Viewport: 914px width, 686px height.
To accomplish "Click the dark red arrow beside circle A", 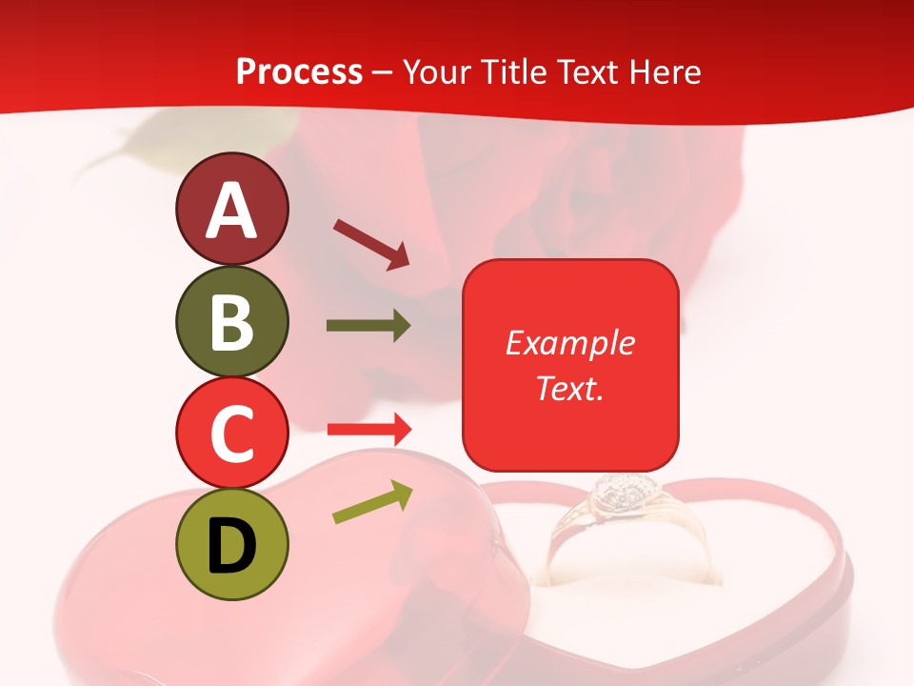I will [371, 243].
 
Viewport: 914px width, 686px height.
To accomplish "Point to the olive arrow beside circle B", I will [368, 326].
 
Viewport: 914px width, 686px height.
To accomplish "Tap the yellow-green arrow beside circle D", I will [372, 502].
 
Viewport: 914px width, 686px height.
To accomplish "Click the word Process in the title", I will [299, 71].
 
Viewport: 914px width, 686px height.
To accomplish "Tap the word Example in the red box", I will [569, 343].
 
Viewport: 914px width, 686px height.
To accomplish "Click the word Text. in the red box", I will [569, 388].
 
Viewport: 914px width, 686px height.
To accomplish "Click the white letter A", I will [232, 211].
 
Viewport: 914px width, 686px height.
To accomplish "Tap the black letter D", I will [232, 545].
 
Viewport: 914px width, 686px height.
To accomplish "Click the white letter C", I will [232, 434].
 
